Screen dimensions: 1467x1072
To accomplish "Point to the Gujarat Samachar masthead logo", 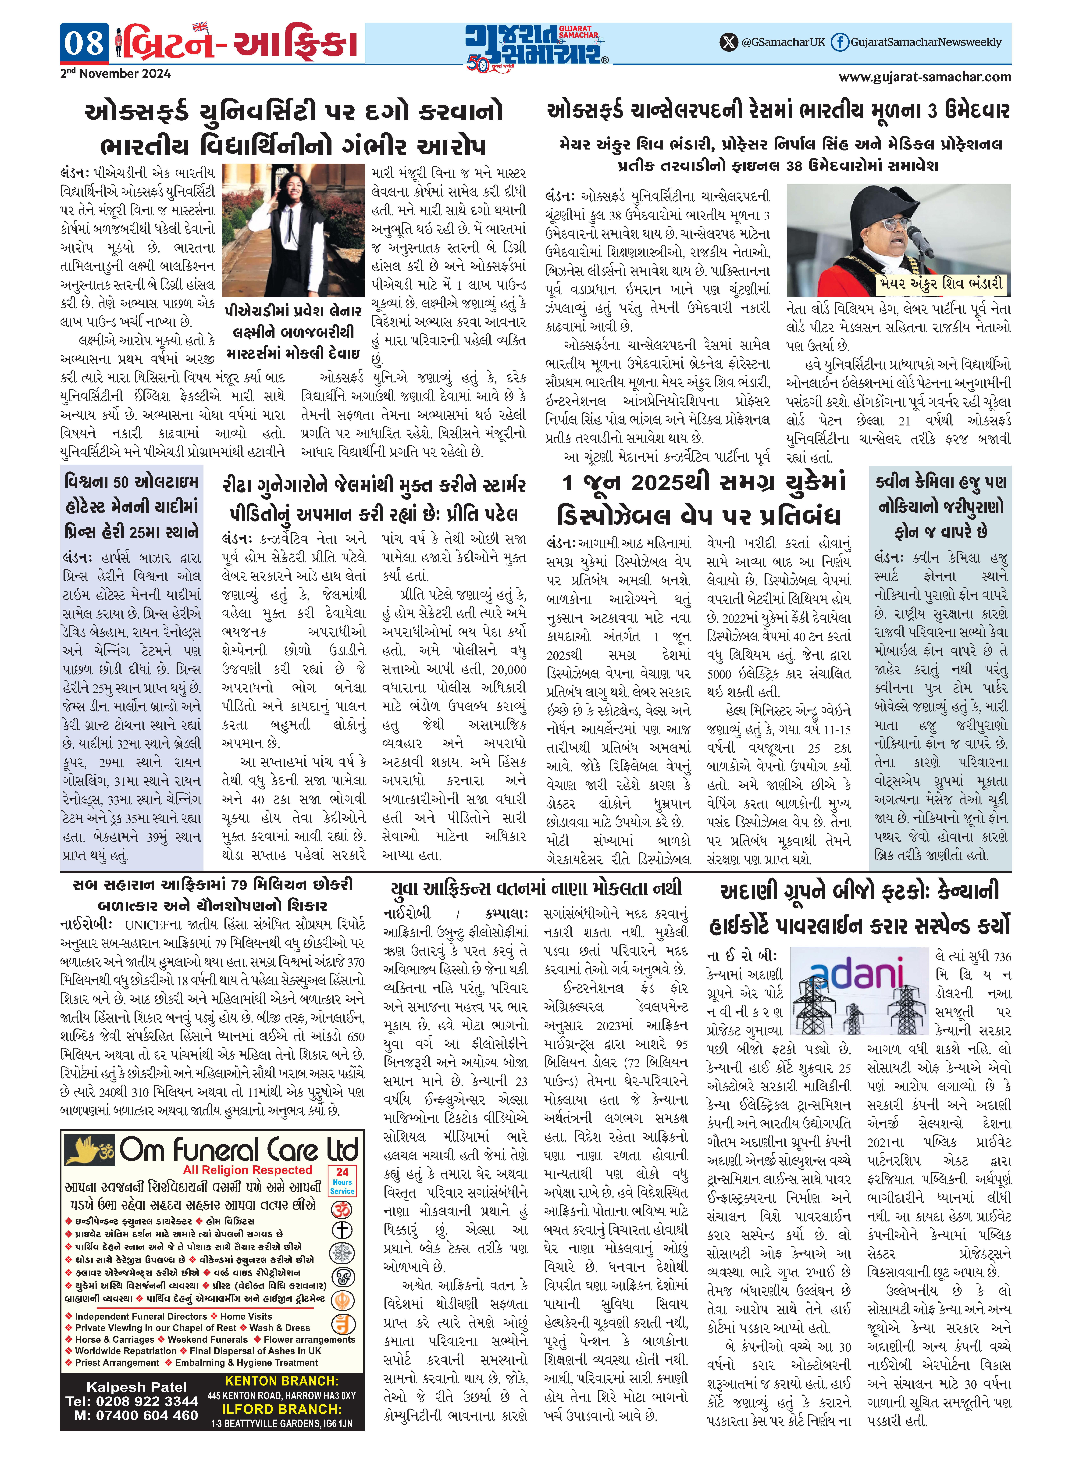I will tap(535, 45).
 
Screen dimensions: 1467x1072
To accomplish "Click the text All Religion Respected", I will tap(247, 1170).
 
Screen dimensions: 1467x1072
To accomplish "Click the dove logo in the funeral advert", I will tap(89, 1150).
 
